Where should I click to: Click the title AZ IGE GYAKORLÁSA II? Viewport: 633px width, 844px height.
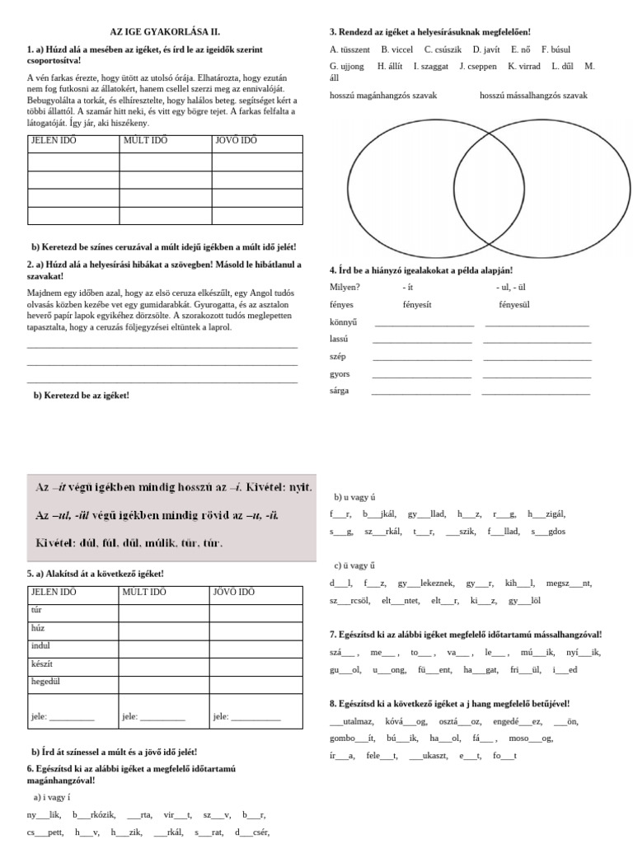[165, 31]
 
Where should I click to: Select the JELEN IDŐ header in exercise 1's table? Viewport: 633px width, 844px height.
[54, 140]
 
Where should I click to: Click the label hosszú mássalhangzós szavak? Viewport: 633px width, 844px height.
[533, 96]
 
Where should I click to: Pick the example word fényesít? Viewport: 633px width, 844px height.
[420, 304]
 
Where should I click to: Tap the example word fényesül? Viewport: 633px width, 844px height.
[514, 304]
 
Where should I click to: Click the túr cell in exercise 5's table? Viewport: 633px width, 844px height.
[35, 611]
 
